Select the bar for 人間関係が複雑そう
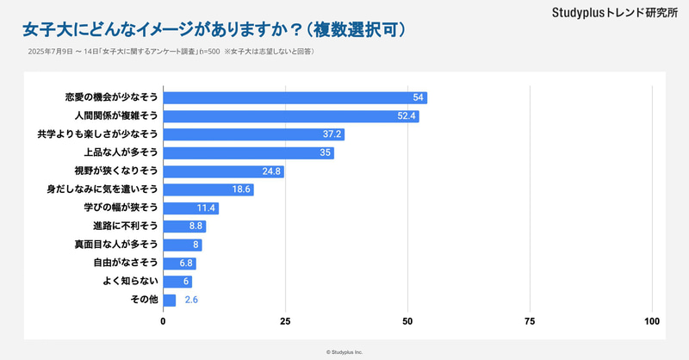tap(291, 116)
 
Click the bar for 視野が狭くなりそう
tap(223, 171)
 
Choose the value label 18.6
tap(241, 189)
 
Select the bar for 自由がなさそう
tap(179, 264)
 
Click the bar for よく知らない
tap(177, 282)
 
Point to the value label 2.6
tap(192, 301)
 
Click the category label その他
tap(144, 301)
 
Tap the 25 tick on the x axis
tap(285, 321)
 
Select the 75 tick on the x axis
tap(530, 321)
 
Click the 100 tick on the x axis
tap(652, 321)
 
